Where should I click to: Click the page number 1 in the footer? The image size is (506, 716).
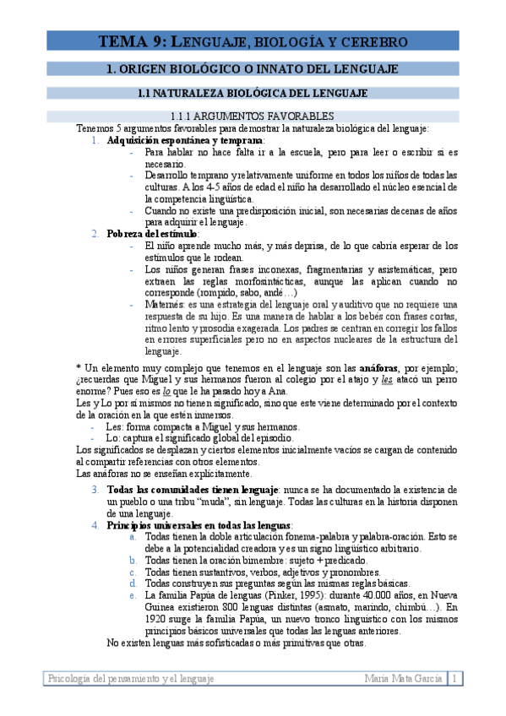456,678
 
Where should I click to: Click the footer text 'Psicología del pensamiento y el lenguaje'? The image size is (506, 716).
132,678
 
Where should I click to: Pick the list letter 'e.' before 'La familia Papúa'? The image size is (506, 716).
133,594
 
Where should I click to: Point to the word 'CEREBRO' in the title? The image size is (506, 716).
372,41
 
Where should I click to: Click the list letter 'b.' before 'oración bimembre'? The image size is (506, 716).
133,560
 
